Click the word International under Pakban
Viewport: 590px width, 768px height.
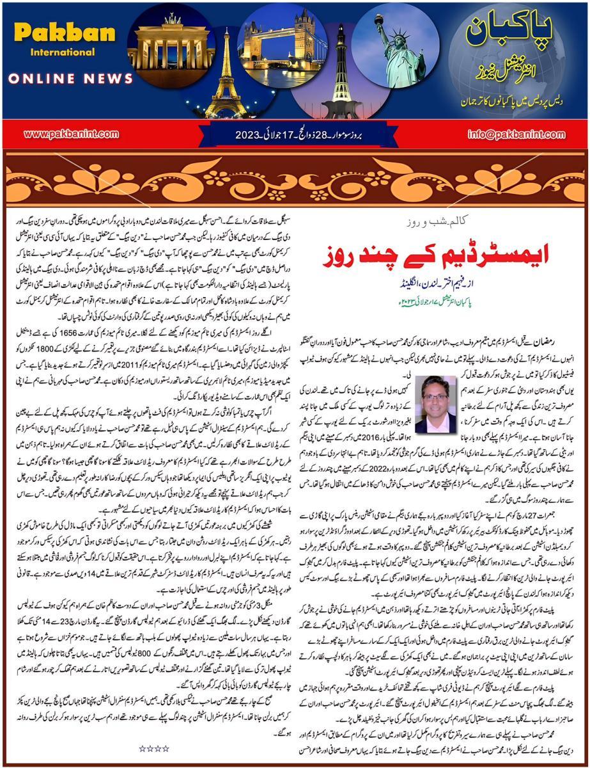pos(53,52)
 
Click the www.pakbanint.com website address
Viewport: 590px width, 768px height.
pos(71,134)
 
